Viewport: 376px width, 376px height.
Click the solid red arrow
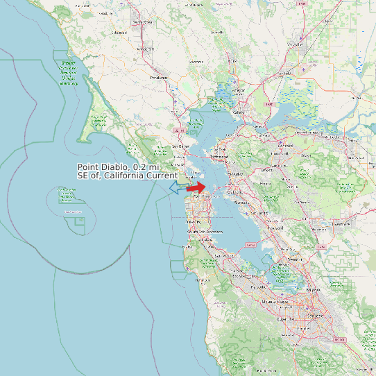196,187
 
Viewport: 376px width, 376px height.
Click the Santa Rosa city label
142,22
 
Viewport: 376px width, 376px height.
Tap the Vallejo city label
239,112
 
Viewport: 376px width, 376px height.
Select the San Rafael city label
180,146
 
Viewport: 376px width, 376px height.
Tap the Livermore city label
341,224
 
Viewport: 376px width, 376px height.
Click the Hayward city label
275,228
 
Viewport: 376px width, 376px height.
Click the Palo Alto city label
257,287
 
